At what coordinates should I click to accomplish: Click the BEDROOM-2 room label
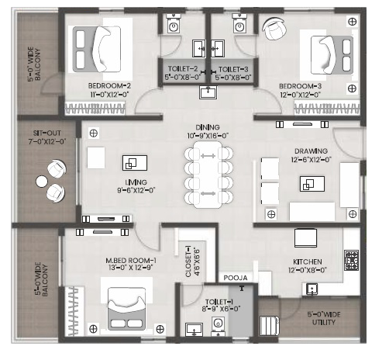click(109, 85)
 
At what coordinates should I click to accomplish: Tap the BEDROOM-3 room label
click(300, 86)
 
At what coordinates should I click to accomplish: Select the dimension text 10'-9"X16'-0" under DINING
click(208, 136)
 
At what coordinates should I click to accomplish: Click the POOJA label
click(236, 278)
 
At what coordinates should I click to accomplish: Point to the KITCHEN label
click(308, 261)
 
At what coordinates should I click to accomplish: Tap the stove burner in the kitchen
click(352, 260)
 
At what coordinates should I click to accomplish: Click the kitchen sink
click(312, 289)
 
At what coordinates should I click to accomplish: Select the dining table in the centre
click(208, 175)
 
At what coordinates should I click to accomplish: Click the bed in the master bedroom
click(126, 309)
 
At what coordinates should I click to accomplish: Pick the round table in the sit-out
click(42, 182)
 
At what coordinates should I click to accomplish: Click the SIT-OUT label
click(47, 133)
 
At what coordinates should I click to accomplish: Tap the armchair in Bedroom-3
click(274, 28)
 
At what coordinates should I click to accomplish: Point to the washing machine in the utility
click(270, 326)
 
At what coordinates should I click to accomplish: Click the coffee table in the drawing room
click(312, 184)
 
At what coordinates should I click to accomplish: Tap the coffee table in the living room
click(135, 163)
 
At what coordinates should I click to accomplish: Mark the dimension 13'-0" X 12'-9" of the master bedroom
click(130, 268)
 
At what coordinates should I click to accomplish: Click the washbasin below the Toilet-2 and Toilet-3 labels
click(208, 92)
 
